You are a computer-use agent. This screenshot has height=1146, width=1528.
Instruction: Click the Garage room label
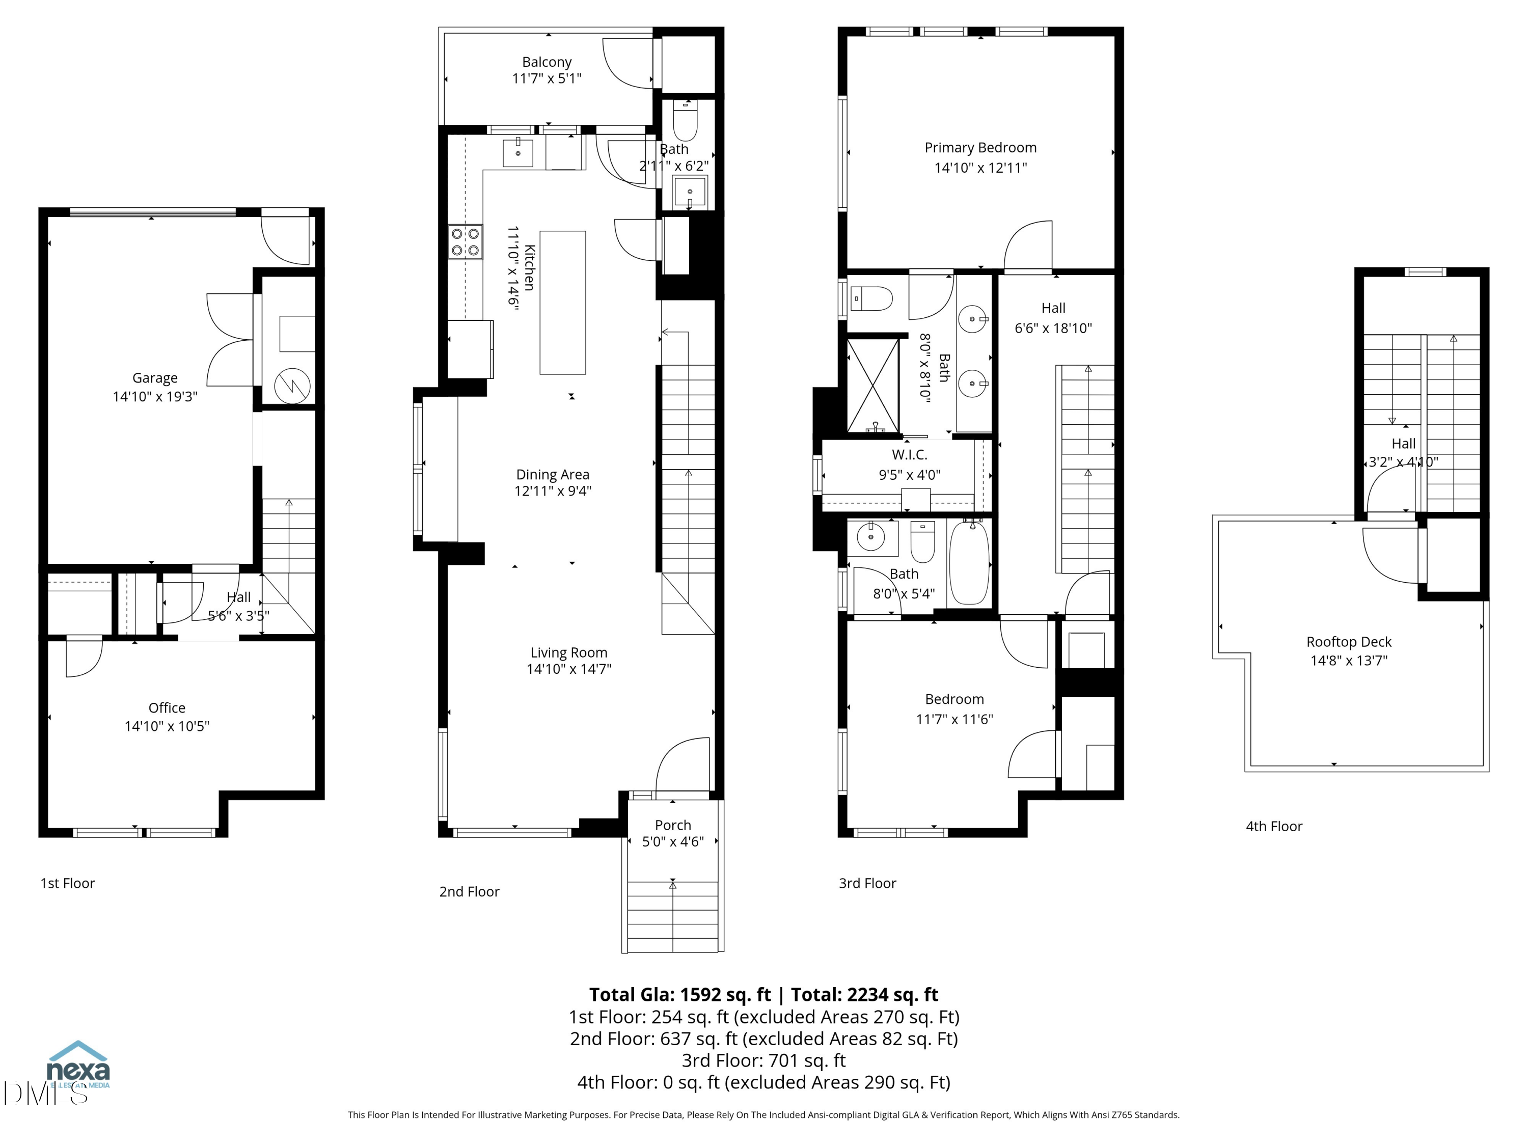(155, 378)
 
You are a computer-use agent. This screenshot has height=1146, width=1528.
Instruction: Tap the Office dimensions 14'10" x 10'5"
(167, 726)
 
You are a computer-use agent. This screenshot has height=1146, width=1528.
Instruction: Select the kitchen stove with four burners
(465, 242)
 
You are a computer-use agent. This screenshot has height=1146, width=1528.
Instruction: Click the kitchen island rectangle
(562, 303)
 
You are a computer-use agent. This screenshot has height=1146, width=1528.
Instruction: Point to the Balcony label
(547, 62)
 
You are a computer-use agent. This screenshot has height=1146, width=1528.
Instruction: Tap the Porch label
(673, 825)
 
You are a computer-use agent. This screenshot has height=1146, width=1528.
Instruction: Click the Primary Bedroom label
(980, 148)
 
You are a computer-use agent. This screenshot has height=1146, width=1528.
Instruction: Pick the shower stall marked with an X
(873, 386)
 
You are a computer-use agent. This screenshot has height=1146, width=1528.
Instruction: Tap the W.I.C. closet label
(909, 454)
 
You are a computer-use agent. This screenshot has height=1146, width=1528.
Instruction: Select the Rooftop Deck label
(1348, 642)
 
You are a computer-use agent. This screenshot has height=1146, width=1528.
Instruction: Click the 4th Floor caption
(1274, 826)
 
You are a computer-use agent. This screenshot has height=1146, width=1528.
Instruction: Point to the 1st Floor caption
(68, 883)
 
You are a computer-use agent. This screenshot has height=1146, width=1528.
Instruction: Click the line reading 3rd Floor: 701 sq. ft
(763, 1060)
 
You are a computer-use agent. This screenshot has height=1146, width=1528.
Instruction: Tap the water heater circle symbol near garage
(292, 386)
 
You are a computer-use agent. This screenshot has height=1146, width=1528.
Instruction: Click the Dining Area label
(553, 475)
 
